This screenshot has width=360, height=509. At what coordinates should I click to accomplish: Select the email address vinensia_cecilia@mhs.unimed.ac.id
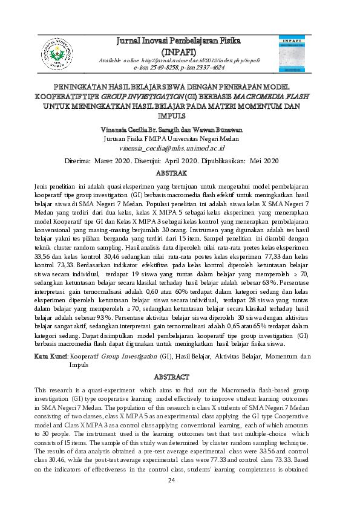coord(180,147)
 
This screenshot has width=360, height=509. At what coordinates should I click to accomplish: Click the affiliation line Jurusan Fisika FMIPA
coord(180,138)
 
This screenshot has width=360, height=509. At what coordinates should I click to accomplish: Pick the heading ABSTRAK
coord(180,173)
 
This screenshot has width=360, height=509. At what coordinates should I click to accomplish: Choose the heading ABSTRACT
coord(180,377)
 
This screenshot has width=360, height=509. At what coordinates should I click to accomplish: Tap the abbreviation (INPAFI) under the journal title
coord(180,51)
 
